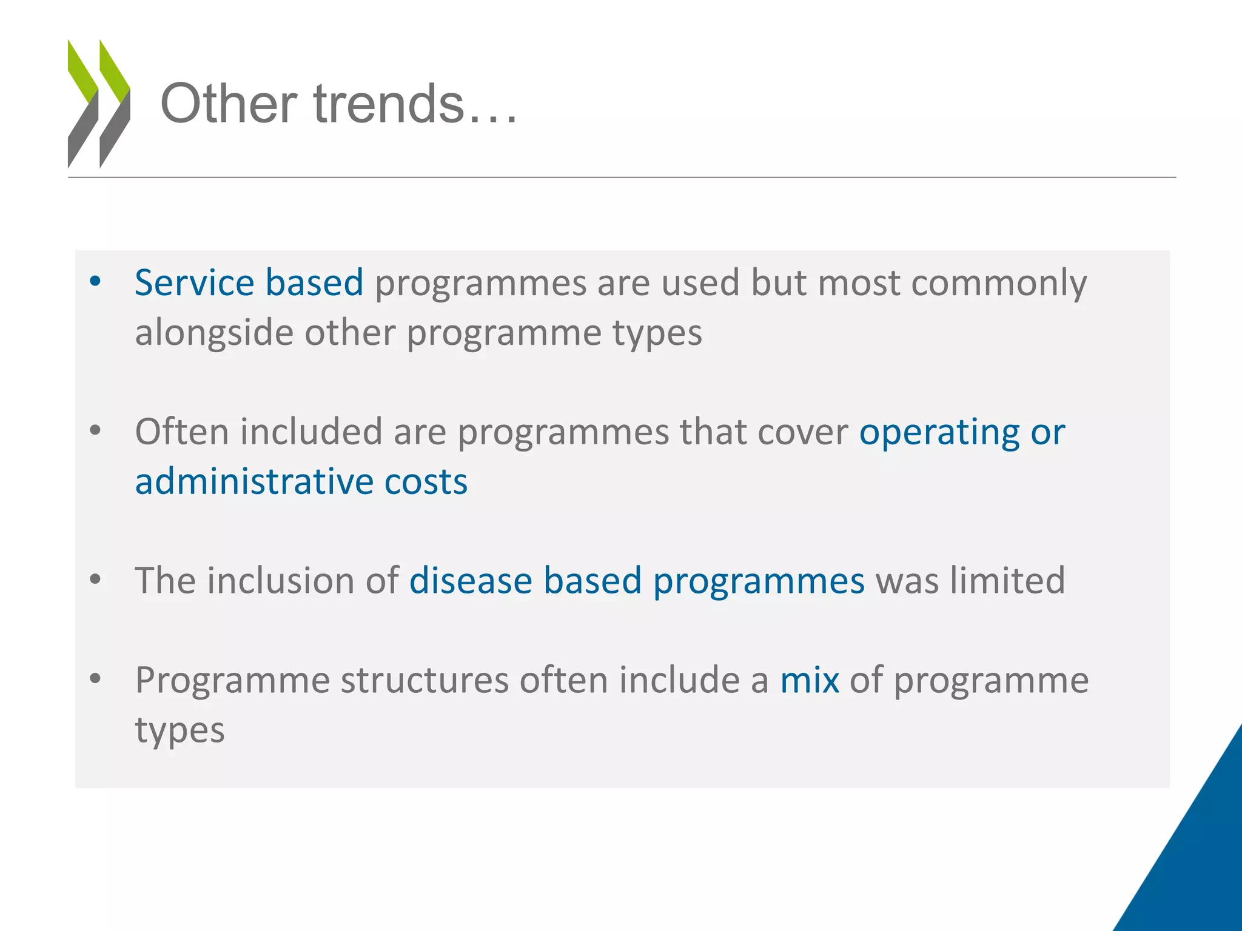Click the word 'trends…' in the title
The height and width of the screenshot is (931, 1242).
416,104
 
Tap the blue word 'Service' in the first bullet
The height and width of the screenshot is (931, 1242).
194,283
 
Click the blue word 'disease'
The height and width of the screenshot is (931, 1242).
471,581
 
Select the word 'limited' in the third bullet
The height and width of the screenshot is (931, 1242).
1007,581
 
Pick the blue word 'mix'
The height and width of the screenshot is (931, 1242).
809,680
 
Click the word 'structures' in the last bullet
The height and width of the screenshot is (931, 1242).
425,680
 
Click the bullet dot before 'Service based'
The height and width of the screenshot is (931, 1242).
95,281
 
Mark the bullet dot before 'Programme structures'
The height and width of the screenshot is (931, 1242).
95,678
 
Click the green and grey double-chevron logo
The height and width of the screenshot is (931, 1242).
99,104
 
